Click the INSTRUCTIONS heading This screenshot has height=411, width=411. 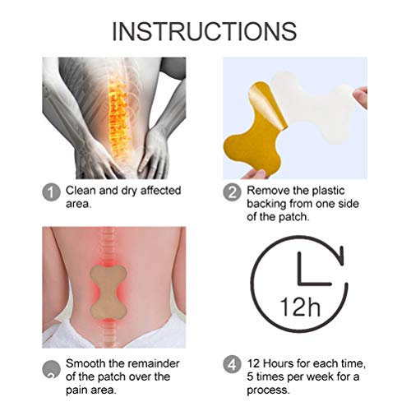click(205, 30)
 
